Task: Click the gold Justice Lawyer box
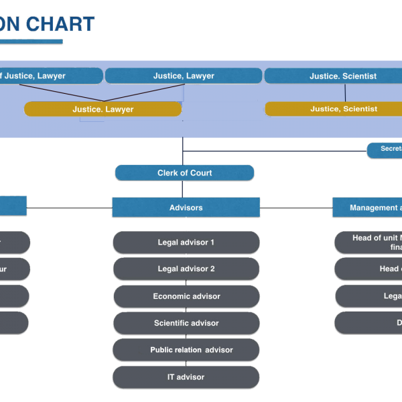(x=103, y=109)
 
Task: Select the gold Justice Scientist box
(x=334, y=109)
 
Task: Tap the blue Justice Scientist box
(x=333, y=76)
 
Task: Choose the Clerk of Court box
(x=184, y=173)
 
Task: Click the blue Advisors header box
(x=186, y=208)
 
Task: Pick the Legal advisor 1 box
(x=186, y=243)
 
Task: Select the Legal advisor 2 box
(x=186, y=269)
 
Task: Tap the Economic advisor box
(x=186, y=296)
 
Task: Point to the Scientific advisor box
(x=186, y=323)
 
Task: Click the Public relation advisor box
(x=186, y=350)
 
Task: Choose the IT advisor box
(x=186, y=377)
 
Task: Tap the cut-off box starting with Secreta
(x=385, y=149)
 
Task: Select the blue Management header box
(x=367, y=208)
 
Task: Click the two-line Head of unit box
(x=368, y=243)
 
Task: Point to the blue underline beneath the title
(x=31, y=42)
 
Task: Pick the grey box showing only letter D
(x=368, y=323)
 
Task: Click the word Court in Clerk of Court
(x=200, y=173)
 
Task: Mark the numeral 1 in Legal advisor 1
(x=212, y=243)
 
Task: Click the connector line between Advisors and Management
(x=295, y=208)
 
